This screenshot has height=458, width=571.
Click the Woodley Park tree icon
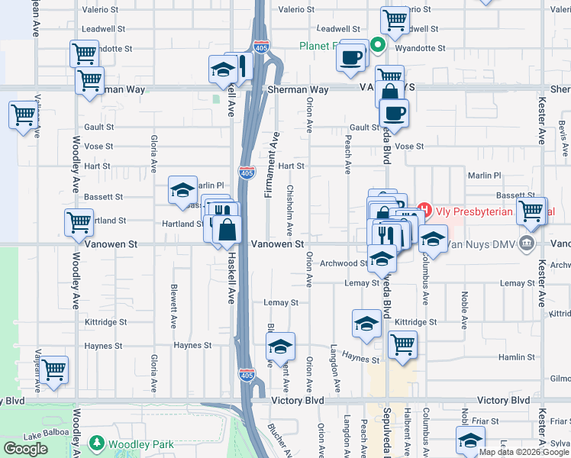[x=97, y=443]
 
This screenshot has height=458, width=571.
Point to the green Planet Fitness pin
[x=377, y=46]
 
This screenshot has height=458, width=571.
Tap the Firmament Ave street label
[x=272, y=165]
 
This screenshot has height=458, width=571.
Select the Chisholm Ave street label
[x=290, y=209]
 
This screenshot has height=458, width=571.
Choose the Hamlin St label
[x=517, y=357]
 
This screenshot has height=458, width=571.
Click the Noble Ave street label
[x=463, y=309]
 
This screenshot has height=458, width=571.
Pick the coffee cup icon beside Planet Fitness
[x=351, y=58]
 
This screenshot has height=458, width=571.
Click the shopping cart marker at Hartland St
[x=79, y=222]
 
